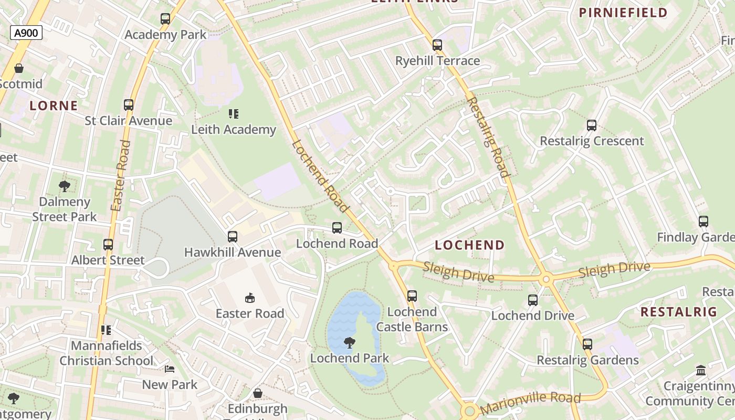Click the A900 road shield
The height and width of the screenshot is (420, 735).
pyautogui.click(x=26, y=33)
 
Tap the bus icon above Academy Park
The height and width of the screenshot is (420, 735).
pyautogui.click(x=165, y=19)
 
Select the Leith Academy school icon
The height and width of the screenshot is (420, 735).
pyautogui.click(x=234, y=113)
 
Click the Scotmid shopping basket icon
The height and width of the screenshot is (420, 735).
pyautogui.click(x=19, y=68)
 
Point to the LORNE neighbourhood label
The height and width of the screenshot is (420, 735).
pyautogui.click(x=54, y=106)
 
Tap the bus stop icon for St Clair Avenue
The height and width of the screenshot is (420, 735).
pyautogui.click(x=129, y=104)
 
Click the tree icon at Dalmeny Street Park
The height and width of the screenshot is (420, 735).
pyautogui.click(x=65, y=186)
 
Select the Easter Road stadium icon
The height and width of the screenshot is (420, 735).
pyautogui.click(x=250, y=298)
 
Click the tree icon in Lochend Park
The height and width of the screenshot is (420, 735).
pyautogui.click(x=349, y=343)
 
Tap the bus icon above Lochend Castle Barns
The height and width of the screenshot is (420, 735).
pyautogui.click(x=412, y=296)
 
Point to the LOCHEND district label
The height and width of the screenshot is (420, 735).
pyautogui.click(x=469, y=245)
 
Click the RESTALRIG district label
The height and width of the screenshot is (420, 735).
pyautogui.click(x=678, y=312)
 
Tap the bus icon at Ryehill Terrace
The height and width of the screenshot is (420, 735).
pyautogui.click(x=437, y=45)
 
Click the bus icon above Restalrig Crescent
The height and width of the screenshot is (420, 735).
pyautogui.click(x=592, y=125)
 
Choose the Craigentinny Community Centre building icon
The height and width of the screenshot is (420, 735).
pyautogui.click(x=701, y=371)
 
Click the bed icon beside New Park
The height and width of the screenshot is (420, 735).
pyautogui.click(x=170, y=369)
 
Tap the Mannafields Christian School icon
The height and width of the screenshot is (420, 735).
pyautogui.click(x=106, y=330)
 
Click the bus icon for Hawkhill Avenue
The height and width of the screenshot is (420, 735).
pyautogui.click(x=233, y=237)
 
